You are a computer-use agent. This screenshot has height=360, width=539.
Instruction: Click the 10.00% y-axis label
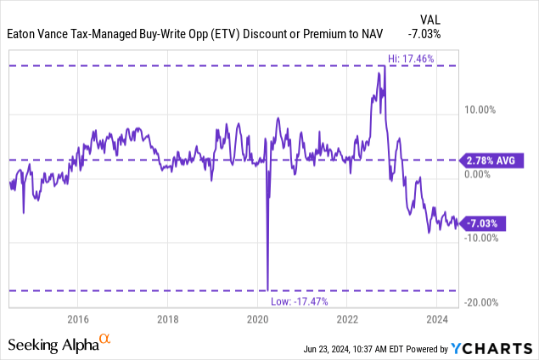coord(481,110)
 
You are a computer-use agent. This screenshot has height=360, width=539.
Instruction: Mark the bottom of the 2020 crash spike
coord(268,290)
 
